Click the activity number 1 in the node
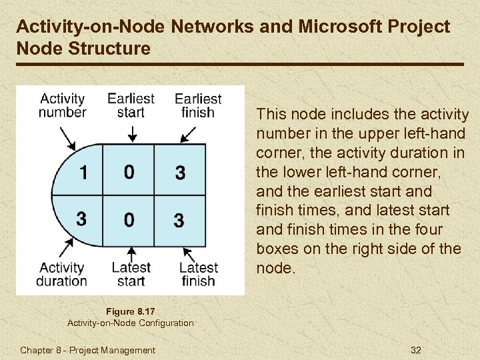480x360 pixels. [83, 172]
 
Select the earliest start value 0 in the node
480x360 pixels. [129, 172]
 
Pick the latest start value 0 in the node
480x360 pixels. [129, 219]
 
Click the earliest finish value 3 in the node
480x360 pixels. [180, 173]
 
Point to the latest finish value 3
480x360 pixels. [179, 219]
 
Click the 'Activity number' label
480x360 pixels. [62, 105]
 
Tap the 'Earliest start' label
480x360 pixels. [131, 105]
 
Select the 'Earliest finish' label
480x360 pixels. [198, 105]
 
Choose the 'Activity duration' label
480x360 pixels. [61, 274]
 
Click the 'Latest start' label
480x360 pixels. [131, 274]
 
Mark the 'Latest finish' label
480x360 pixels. [198, 274]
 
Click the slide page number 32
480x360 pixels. [416, 350]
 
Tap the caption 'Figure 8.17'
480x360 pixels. [130, 310]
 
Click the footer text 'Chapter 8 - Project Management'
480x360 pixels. [87, 350]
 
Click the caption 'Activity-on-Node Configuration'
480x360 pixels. [131, 323]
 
